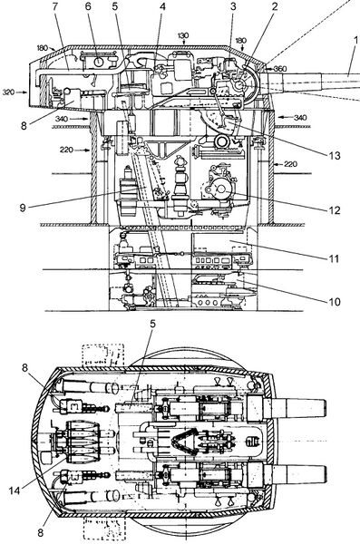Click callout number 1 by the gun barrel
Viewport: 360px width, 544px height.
tap(355, 40)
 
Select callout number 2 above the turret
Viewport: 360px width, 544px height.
tap(275, 6)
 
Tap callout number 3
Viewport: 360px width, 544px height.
tap(233, 6)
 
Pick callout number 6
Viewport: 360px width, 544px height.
tap(89, 6)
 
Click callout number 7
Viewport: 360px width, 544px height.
tap(55, 6)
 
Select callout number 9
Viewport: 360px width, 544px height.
tap(23, 209)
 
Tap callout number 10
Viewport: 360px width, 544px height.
tap(335, 302)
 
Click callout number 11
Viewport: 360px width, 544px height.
tap(334, 258)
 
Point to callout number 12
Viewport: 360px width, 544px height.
tap(335, 210)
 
